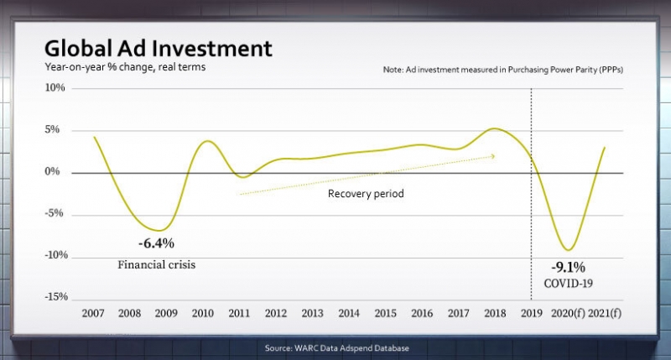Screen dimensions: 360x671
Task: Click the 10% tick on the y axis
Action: click(55, 88)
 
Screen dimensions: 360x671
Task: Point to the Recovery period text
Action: click(365, 194)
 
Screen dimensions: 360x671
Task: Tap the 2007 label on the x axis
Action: click(94, 313)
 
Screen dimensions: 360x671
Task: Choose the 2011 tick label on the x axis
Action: click(239, 313)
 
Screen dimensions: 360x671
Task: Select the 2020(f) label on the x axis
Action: click(569, 313)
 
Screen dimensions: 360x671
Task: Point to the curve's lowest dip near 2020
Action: click(570, 250)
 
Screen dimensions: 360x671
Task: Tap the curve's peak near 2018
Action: click(495, 128)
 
